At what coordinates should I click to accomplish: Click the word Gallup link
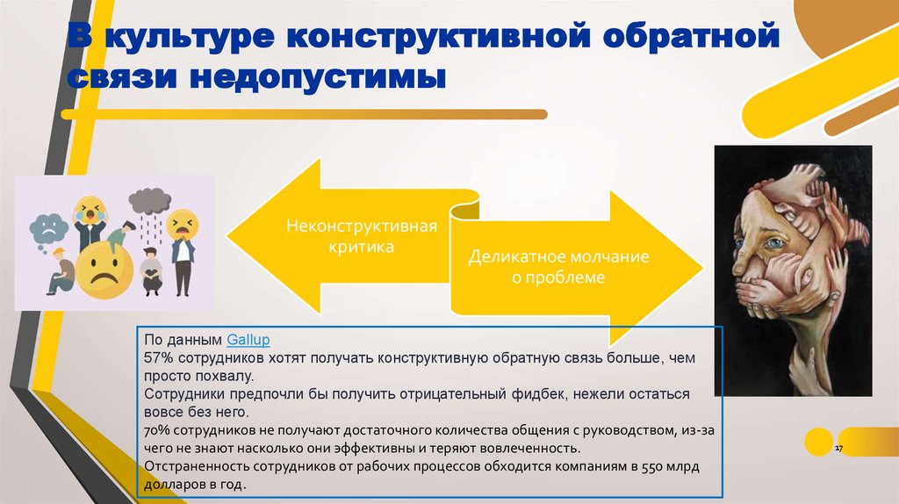(x=249, y=338)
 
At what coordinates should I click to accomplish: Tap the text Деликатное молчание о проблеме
(x=557, y=268)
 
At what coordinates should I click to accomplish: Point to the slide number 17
(x=838, y=449)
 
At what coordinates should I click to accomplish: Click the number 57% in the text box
(x=159, y=358)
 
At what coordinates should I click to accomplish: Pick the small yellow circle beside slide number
(x=818, y=440)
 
